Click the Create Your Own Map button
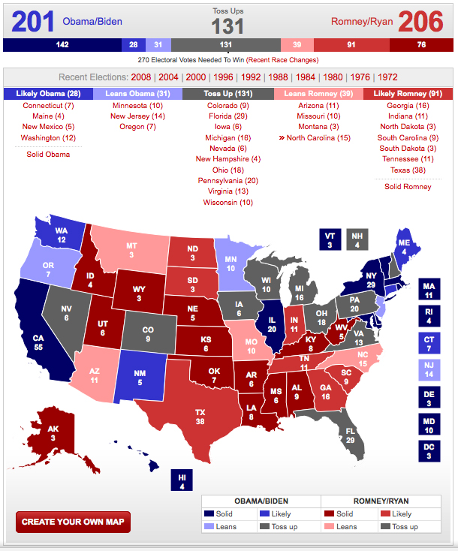pyautogui.click(x=73, y=522)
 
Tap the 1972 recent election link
pyautogui.click(x=387, y=77)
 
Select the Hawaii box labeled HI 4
pyautogui.click(x=181, y=481)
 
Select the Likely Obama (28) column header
pyautogui.click(x=48, y=94)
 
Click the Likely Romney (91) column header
pyautogui.click(x=409, y=94)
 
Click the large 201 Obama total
pyautogui.click(x=32, y=22)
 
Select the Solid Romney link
pyautogui.click(x=408, y=186)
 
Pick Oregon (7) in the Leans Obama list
pyautogui.click(x=137, y=127)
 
